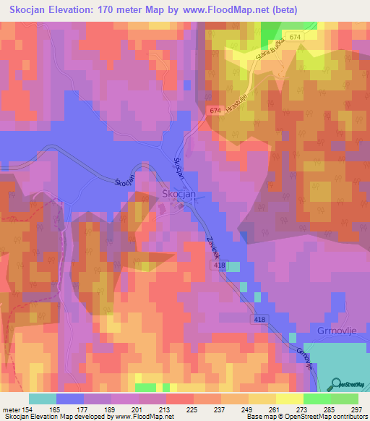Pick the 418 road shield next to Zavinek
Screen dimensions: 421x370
[220, 267]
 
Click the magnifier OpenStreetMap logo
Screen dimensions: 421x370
[336, 384]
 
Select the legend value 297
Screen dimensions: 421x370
[358, 409]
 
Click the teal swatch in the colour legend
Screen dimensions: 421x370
[43, 399]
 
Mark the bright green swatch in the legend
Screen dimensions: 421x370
[317, 399]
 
